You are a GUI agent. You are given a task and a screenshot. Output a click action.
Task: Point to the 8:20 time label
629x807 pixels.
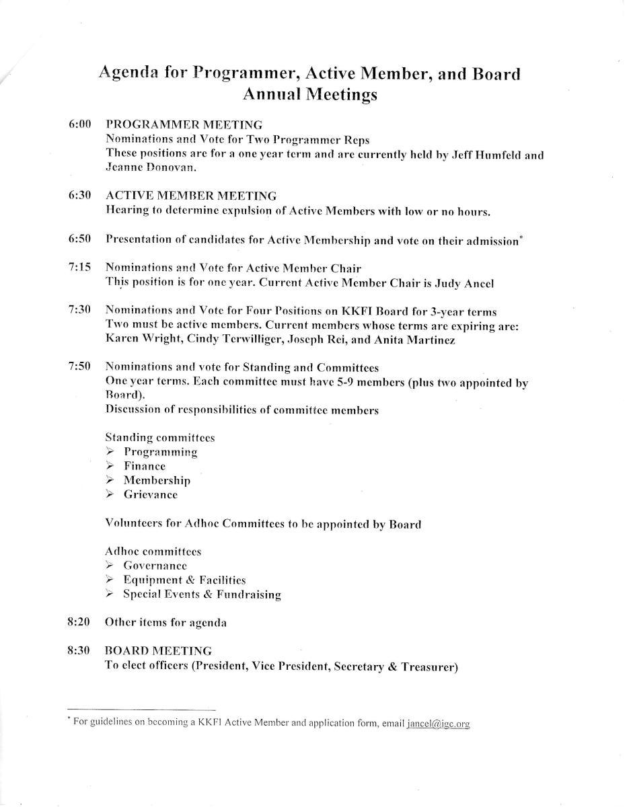pyautogui.click(x=79, y=622)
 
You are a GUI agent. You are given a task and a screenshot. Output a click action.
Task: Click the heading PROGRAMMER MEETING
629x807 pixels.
pyautogui.click(x=184, y=124)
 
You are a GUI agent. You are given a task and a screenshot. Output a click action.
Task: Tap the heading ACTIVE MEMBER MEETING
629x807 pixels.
pyautogui.click(x=191, y=196)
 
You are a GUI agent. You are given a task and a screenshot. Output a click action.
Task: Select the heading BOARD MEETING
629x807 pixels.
pyautogui.click(x=158, y=651)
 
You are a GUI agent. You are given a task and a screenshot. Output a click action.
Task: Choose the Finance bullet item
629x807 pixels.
pyautogui.click(x=144, y=466)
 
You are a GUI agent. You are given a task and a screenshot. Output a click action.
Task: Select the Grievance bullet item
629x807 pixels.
pyautogui.click(x=150, y=495)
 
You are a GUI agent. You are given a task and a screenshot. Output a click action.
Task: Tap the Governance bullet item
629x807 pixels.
pyautogui.click(x=155, y=566)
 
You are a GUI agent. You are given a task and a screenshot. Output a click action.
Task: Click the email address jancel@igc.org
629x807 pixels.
pyautogui.click(x=438, y=724)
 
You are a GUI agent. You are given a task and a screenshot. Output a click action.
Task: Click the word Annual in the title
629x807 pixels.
pyautogui.click(x=271, y=95)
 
